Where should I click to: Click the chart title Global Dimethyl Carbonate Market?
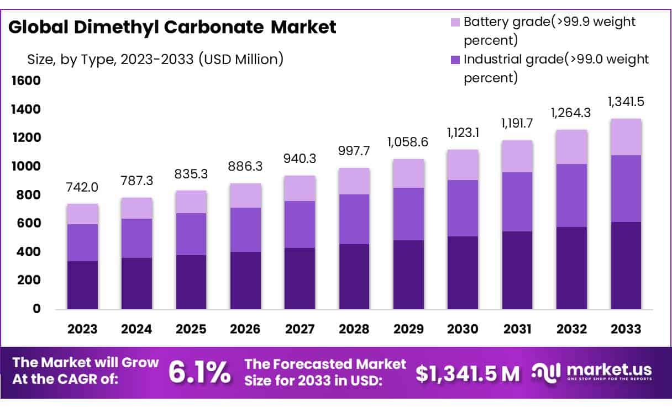pos(172,27)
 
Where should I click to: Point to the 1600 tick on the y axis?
pos(25,81)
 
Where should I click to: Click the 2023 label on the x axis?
pos(82,329)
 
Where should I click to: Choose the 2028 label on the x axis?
pos(354,329)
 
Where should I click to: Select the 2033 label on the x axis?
pos(626,329)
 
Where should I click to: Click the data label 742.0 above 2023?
pos(82,187)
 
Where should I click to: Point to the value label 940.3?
pos(300,159)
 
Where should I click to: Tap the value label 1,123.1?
pos(463,133)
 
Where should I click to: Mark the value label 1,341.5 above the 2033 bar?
pos(626,102)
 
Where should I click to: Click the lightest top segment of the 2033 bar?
pos(626,137)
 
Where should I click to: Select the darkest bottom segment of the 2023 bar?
pos(82,285)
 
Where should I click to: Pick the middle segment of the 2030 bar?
pos(463,208)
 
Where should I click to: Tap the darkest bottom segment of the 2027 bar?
pos(300,278)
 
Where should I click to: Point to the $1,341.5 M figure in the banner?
pos(468,373)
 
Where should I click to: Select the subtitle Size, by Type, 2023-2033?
pos(155,59)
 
